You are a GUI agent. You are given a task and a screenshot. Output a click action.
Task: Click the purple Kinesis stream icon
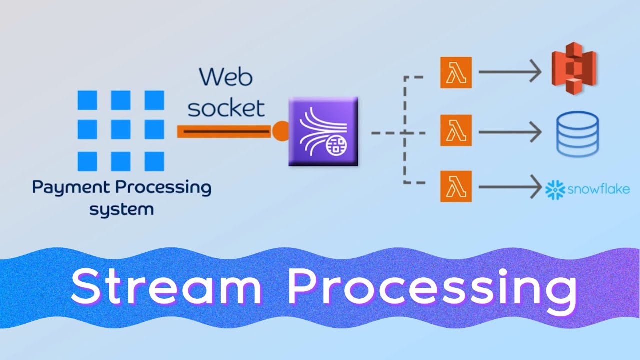point(323,132)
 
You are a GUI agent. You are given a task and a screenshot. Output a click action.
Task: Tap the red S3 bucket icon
point(574,72)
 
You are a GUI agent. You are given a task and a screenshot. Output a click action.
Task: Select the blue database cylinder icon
point(577,133)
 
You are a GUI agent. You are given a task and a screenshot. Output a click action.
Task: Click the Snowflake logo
point(587,189)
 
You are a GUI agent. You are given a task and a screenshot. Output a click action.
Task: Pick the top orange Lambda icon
point(456,72)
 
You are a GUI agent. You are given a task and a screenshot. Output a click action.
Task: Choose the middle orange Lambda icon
point(456,131)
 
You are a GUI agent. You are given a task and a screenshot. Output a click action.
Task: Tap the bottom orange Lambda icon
point(456,186)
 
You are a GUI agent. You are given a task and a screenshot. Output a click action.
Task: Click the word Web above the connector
point(226,78)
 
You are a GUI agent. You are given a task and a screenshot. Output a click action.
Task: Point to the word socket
point(226,107)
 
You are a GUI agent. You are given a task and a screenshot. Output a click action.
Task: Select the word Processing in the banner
point(432,289)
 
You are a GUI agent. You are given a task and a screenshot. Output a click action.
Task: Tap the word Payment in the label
point(71,188)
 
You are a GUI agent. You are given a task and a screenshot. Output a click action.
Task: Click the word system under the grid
point(121,209)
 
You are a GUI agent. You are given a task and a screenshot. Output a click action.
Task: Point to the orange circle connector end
point(280,131)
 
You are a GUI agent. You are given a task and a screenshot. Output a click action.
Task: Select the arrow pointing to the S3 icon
point(510,72)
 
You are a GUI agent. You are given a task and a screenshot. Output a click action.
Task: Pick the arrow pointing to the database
point(510,132)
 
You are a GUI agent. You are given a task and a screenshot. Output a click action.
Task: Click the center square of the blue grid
point(121,130)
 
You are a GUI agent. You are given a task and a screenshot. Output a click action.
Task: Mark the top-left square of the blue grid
point(87,100)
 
